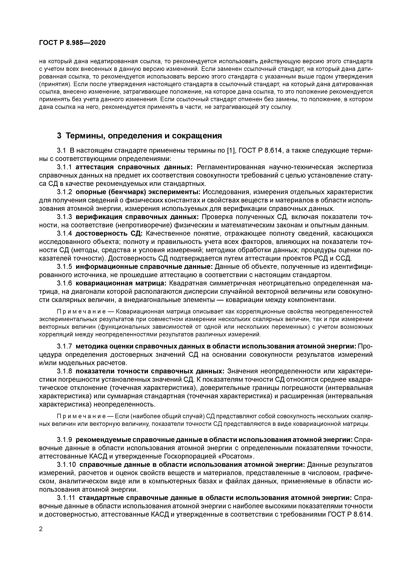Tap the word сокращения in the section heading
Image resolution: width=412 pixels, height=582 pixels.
point(197,136)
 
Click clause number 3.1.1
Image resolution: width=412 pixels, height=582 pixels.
point(64,167)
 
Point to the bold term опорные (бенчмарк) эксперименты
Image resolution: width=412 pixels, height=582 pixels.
point(138,192)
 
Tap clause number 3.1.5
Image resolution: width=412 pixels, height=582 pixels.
point(64,267)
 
